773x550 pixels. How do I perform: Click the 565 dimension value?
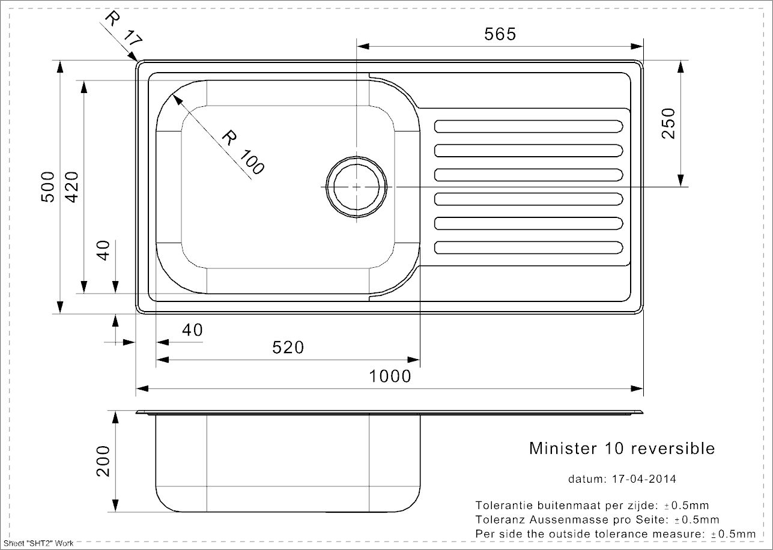point(500,35)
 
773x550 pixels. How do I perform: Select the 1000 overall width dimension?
point(390,376)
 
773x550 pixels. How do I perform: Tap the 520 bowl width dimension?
point(288,348)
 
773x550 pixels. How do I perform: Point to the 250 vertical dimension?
point(668,123)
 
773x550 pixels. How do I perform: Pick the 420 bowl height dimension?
point(71,187)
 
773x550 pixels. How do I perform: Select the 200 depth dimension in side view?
point(104,461)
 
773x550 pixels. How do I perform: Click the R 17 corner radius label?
point(123,29)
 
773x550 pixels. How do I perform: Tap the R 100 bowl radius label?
point(243,154)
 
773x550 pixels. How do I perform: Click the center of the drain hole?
point(357,187)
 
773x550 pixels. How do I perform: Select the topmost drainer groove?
point(528,126)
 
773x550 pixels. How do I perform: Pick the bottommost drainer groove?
point(528,247)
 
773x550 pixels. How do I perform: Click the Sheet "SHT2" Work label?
point(38,543)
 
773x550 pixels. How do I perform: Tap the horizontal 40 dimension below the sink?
point(192,330)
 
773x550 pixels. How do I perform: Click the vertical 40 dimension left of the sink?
point(104,250)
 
